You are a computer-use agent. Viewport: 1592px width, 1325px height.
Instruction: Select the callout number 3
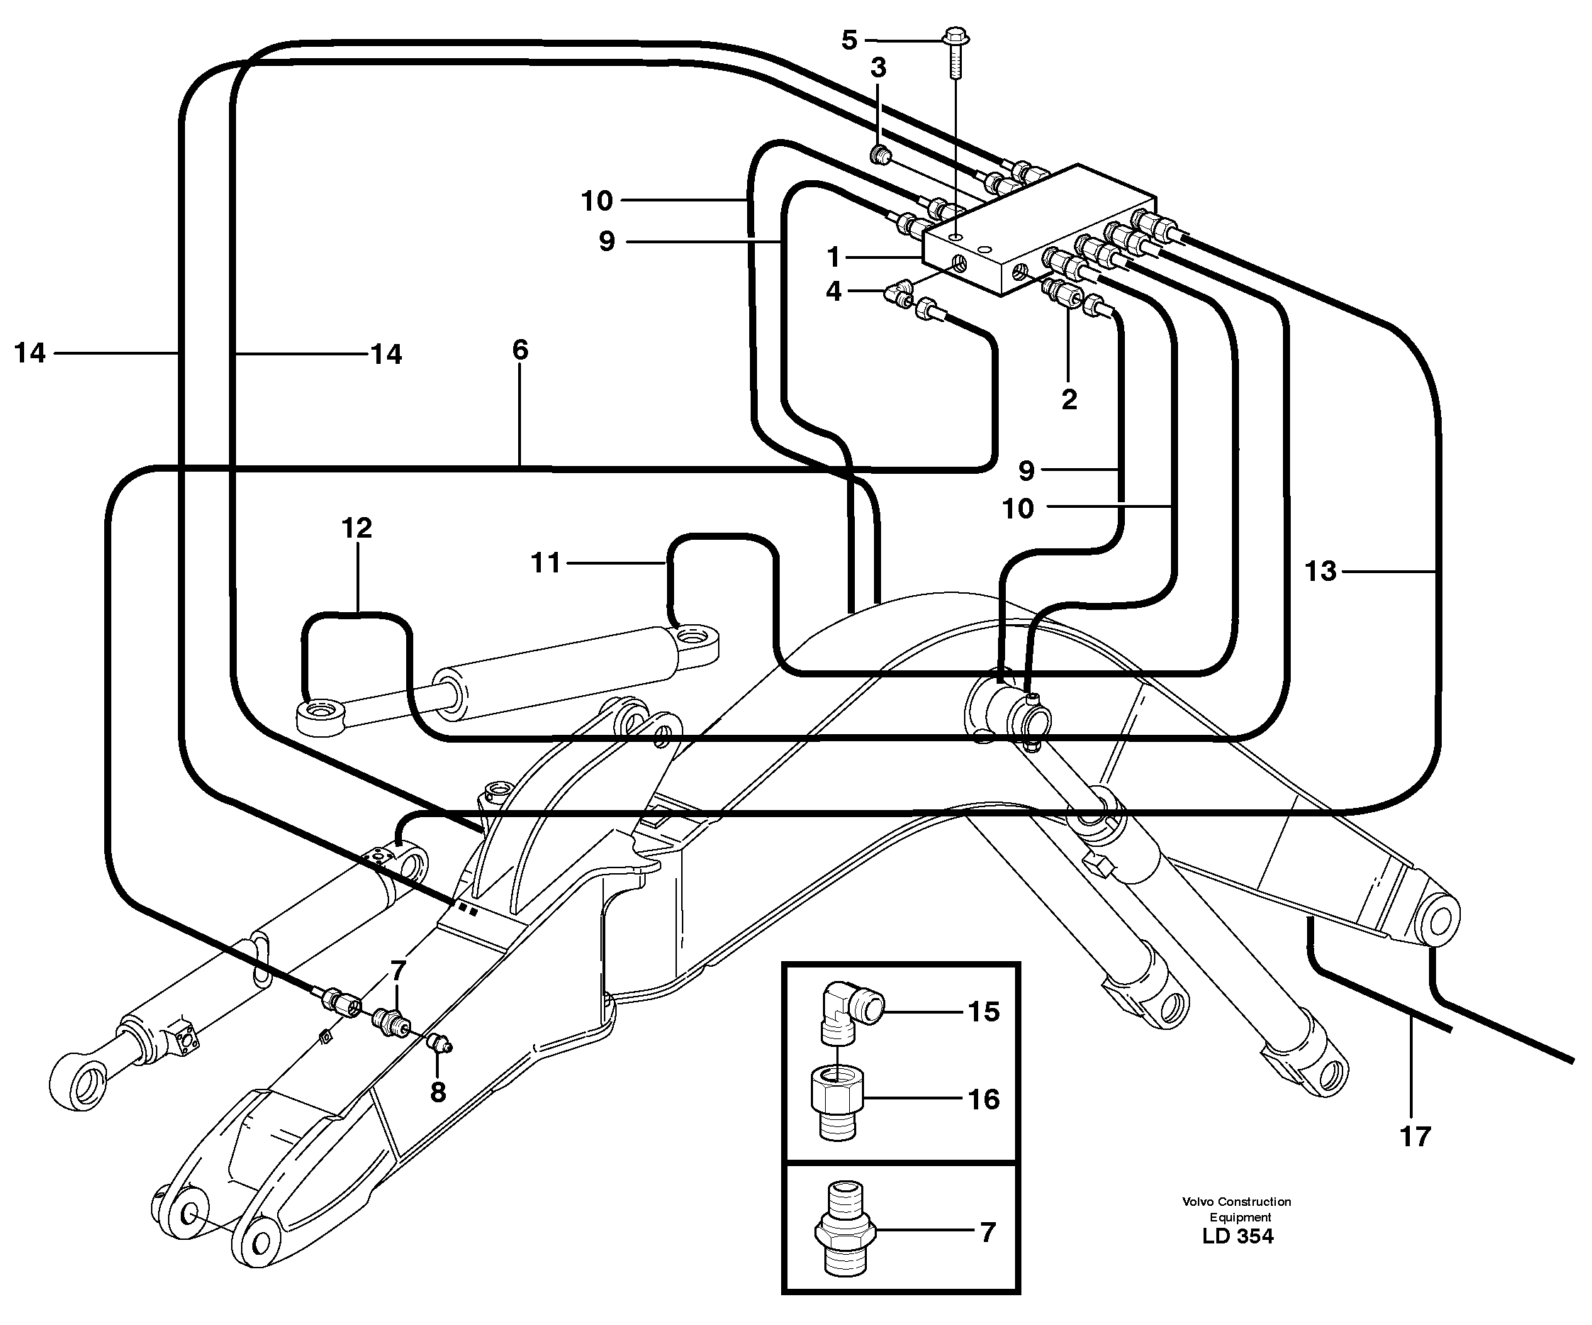coord(878,68)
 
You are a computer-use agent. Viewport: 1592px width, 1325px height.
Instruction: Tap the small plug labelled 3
coord(880,155)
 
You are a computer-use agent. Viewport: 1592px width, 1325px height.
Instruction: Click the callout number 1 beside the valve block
coord(834,257)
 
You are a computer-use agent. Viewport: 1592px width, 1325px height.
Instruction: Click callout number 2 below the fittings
coord(1069,399)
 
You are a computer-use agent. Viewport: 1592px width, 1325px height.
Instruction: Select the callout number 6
coord(520,350)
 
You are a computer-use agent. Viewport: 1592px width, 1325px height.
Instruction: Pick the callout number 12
coord(357,528)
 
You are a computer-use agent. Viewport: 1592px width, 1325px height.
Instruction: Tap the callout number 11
coord(546,562)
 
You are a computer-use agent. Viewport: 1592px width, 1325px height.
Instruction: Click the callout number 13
coord(1320,571)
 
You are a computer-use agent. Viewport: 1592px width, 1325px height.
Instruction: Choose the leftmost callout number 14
coord(30,353)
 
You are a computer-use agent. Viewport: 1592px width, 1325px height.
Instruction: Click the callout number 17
coord(1415,1136)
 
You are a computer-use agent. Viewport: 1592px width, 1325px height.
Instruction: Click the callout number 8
coord(437,1092)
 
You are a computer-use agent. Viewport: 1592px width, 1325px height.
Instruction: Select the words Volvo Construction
coord(1236,1202)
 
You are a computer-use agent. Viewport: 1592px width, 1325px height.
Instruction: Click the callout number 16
coord(983,1099)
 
